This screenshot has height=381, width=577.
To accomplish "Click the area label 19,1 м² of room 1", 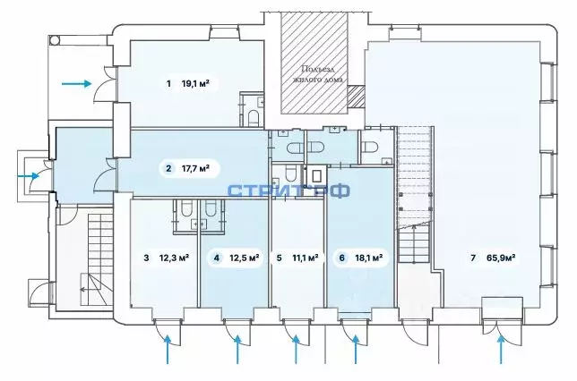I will point(196,85).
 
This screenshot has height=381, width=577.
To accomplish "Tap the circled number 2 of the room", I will point(168,167).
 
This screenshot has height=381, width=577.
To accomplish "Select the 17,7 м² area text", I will point(195,167).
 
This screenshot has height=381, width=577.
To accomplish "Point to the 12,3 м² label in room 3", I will point(174,258).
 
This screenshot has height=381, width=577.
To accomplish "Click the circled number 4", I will point(216,258).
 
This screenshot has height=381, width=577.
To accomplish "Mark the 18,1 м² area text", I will point(369,258).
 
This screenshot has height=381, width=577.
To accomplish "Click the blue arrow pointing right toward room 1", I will point(76,84).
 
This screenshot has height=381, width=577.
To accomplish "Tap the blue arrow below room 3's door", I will point(168,353).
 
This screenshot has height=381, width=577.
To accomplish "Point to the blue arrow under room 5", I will point(297,353).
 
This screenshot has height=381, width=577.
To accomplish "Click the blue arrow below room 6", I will point(357,353).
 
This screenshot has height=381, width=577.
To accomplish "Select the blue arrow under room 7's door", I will point(499,353).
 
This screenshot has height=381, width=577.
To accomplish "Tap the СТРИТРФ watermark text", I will point(288,190).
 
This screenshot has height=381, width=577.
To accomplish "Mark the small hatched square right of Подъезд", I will point(356,96).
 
